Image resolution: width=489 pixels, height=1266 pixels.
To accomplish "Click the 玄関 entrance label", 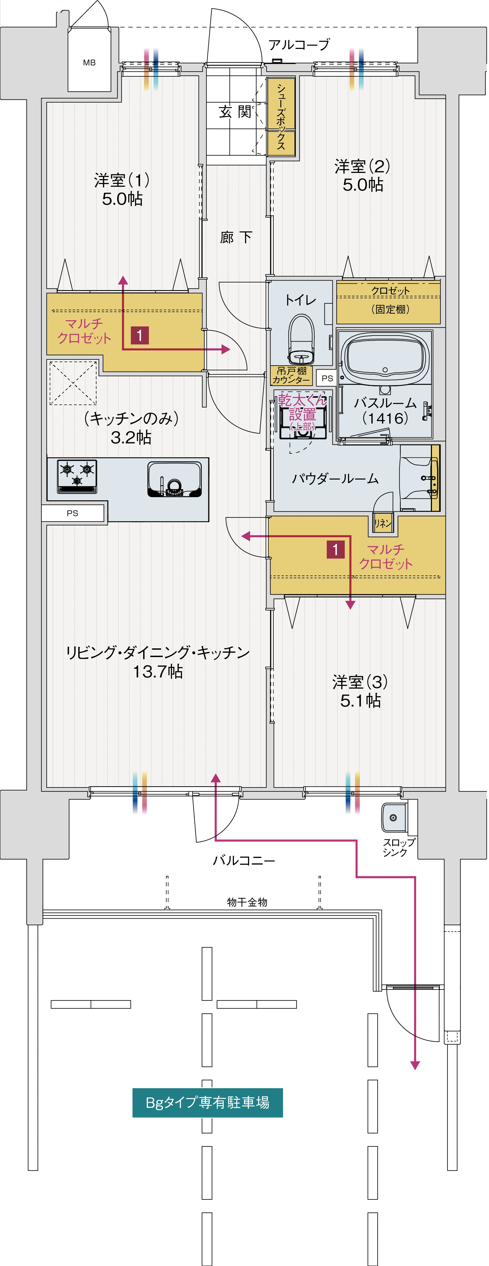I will (235, 112).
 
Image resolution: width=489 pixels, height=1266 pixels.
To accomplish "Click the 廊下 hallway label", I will (236, 238).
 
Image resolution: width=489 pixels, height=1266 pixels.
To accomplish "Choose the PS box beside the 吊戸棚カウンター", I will (327, 378).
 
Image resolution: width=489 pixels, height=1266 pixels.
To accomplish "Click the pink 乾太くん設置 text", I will (302, 408).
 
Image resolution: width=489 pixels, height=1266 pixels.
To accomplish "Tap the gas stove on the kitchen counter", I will (77, 475).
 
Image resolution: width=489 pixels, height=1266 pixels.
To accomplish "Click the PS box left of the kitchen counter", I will (73, 513).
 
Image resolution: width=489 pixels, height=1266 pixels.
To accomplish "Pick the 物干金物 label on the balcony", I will (247, 902).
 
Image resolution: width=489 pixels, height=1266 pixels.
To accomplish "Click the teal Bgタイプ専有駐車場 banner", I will (207, 1102).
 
